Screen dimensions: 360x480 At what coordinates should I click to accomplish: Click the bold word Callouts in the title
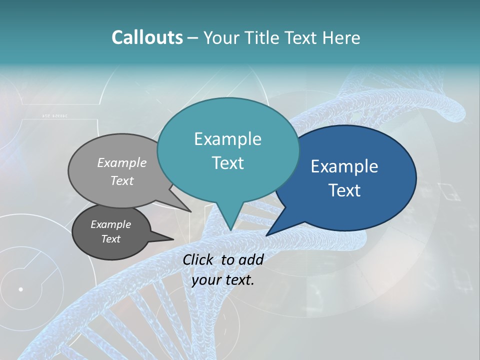[147, 37]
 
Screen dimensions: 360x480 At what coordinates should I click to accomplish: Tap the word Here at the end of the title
[340, 37]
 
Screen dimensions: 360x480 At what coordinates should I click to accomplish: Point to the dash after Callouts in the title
[193, 38]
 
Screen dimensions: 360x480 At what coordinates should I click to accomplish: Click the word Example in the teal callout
[227, 139]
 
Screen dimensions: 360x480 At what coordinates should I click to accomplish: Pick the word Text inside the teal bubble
[227, 163]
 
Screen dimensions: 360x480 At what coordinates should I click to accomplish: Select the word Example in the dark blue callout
[344, 166]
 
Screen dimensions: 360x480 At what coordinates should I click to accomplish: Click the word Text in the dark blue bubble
[344, 190]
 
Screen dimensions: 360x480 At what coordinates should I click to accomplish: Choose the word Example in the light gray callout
[122, 162]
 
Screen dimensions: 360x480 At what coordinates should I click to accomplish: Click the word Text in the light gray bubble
[122, 180]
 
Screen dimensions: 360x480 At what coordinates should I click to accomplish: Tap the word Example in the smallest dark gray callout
[110, 224]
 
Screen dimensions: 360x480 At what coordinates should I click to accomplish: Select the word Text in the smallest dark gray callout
[110, 239]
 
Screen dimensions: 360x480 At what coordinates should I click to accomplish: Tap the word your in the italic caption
[206, 280]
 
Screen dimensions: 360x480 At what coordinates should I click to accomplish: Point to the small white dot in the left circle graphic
[20, 289]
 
